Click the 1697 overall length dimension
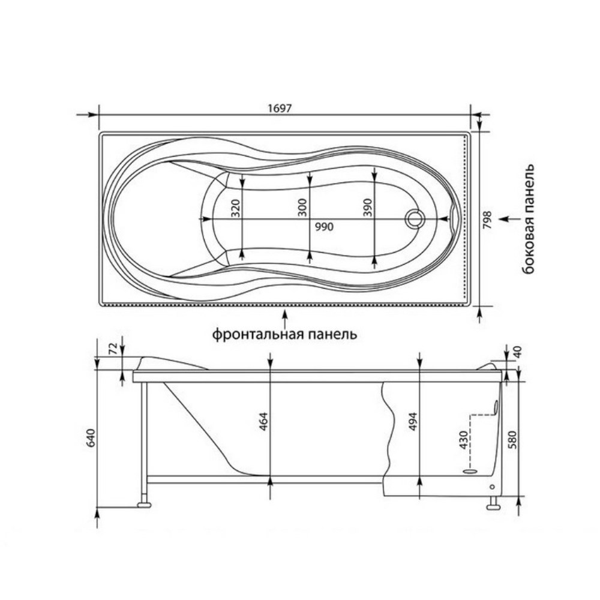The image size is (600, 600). coord(280,108)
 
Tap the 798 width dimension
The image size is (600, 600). coord(487,220)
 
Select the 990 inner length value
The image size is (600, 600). coord(324,227)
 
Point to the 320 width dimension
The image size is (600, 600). coord(236,208)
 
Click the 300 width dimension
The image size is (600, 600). coord(302,208)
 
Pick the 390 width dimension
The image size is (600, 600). coord(367,208)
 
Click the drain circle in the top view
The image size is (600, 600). coord(415,219)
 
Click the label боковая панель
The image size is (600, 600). coord(529,219)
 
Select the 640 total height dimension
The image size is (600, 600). coord(91,438)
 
